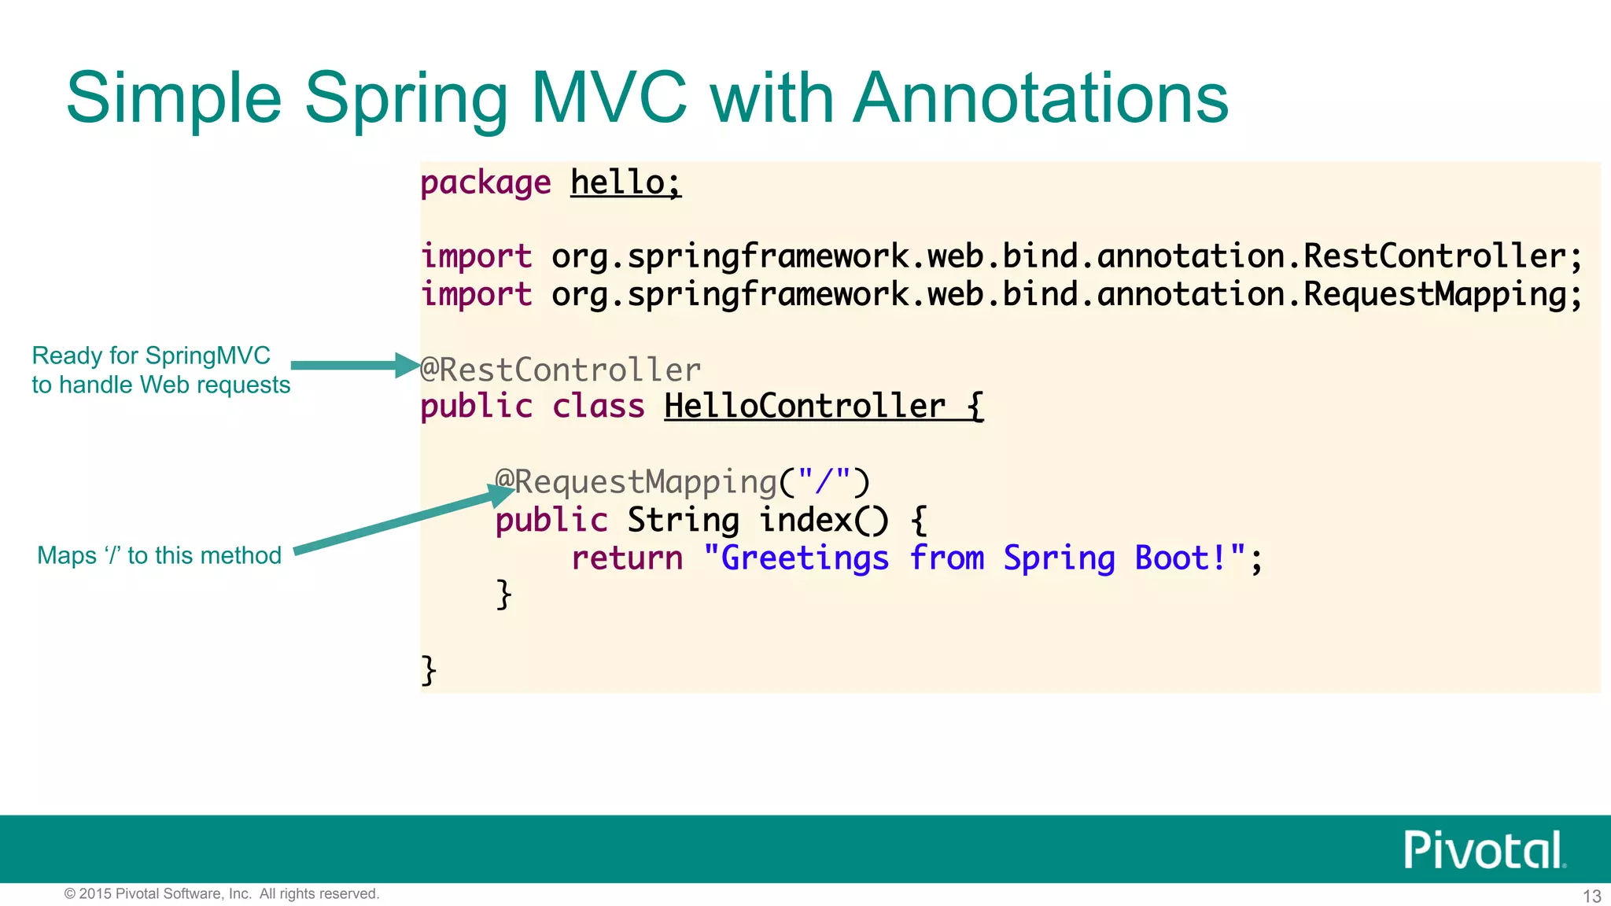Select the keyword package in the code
(x=485, y=183)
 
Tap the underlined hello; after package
(x=625, y=183)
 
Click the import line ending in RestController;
(x=1001, y=256)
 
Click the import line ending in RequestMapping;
(x=1001, y=294)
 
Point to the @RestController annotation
(x=560, y=370)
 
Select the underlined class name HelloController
(x=805, y=407)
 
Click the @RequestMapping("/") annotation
(x=682, y=481)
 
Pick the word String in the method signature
(x=683, y=520)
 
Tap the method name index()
(x=824, y=520)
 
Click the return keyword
(x=627, y=558)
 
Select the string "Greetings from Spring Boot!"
(x=975, y=558)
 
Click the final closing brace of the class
(x=429, y=670)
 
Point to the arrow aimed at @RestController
(x=354, y=365)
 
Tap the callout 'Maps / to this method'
(x=159, y=555)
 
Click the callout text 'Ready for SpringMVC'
(x=151, y=355)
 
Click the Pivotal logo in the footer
(x=1484, y=849)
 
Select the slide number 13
(x=1591, y=896)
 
